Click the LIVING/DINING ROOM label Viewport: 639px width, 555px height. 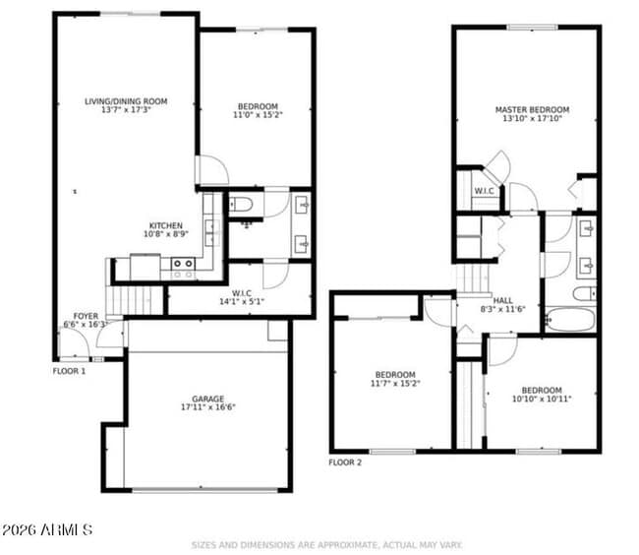pos(126,100)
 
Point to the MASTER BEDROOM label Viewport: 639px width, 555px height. pos(532,110)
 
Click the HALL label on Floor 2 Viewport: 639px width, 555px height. pos(502,300)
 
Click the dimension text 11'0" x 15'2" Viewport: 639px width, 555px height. pos(258,115)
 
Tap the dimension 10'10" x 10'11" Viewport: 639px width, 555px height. pos(542,399)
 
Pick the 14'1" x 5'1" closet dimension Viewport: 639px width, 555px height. pos(242,301)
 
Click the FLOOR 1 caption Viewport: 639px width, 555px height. pos(70,372)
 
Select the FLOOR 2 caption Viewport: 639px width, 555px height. pos(345,462)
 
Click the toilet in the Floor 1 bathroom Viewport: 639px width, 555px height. pos(241,206)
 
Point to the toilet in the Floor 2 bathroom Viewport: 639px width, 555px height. pos(583,293)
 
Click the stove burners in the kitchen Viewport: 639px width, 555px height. pos(183,264)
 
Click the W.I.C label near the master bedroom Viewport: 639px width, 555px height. pos(485,191)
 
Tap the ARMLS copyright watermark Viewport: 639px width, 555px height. pos(47,530)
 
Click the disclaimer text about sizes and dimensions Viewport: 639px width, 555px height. pos(325,544)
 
